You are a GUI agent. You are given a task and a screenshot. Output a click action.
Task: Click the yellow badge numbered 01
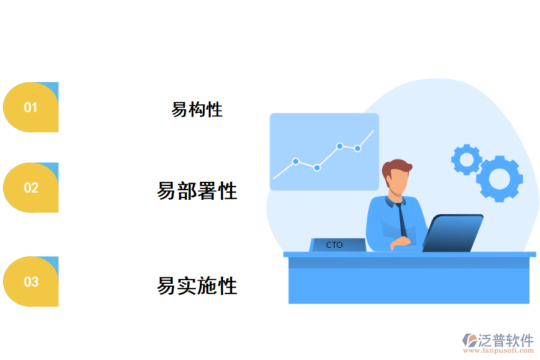pos(31,107)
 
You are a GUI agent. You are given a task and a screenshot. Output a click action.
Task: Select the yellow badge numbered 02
pos(31,188)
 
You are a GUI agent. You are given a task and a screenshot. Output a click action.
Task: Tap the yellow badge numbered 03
pos(31,282)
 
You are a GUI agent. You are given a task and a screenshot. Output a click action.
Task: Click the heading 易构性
pos(197,110)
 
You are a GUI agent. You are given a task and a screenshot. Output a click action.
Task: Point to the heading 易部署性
pos(197,191)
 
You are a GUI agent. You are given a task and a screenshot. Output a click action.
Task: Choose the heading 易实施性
pos(197,286)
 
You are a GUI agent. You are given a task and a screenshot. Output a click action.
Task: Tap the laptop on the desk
pos(453,233)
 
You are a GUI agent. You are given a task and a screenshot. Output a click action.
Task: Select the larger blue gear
pos(499,178)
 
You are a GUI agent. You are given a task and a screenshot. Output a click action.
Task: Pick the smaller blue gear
pos(466,159)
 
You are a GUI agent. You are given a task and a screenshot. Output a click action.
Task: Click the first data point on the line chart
pos(296,161)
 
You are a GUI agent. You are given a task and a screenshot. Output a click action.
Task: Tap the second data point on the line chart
pos(317,168)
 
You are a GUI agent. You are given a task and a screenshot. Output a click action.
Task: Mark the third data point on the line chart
pos(340,146)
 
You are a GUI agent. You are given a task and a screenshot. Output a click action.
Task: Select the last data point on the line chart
pos(358,148)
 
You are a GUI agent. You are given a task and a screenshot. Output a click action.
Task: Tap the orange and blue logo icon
pos(469,341)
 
